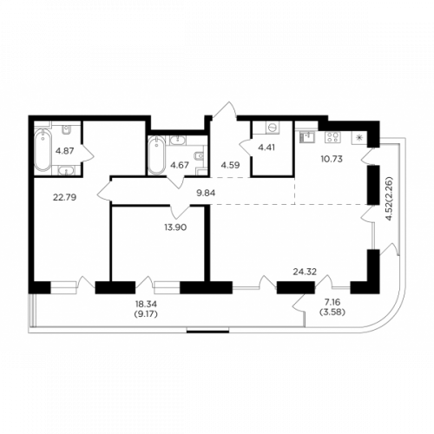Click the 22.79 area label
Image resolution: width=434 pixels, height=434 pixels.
pos(64,198)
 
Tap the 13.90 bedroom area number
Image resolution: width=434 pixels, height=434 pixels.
pos(175,227)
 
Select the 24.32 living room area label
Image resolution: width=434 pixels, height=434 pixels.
pos(305,272)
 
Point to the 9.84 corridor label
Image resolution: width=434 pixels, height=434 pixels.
pos(206,193)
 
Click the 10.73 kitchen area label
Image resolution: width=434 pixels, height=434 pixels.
pos(332,159)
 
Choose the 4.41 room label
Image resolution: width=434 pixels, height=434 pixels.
pos(266,148)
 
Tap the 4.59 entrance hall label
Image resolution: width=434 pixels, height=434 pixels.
pos(230,166)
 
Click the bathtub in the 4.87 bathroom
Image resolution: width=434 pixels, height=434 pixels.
pos(43,150)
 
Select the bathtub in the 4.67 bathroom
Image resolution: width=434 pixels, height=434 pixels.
pos(156,155)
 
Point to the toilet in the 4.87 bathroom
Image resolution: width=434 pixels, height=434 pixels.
pos(67,129)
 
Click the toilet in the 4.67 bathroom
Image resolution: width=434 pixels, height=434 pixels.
pos(200,156)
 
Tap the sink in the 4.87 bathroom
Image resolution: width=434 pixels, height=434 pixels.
pos(67,171)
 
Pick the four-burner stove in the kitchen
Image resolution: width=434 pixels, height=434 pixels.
pos(332,136)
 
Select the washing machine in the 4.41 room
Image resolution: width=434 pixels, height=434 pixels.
pos(272,128)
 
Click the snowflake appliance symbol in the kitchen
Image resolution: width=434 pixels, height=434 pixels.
pos(359,138)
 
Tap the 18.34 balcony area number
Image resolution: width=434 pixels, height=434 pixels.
pos(147,304)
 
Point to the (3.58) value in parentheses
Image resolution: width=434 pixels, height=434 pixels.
pos(332,312)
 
